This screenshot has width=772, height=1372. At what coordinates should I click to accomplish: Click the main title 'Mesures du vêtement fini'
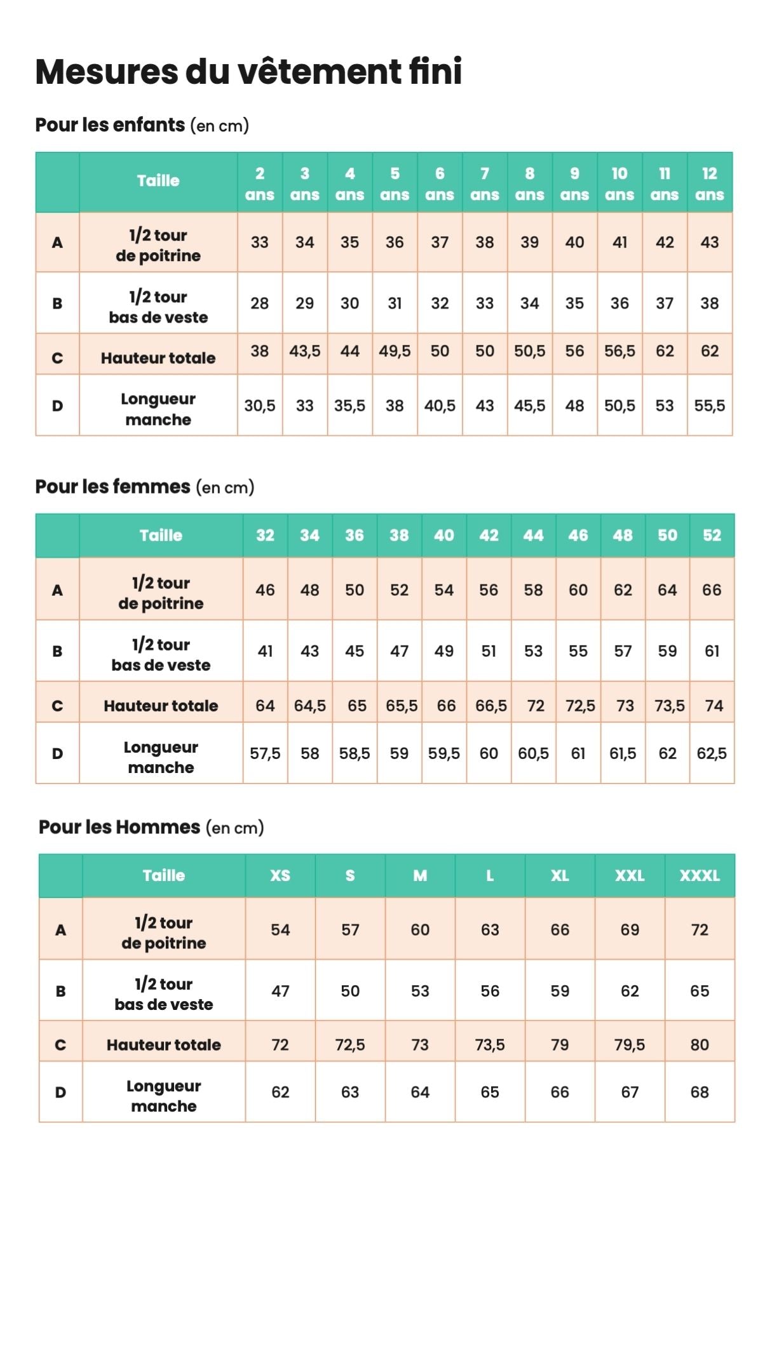(248, 72)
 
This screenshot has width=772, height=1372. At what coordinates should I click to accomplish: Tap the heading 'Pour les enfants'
(110, 125)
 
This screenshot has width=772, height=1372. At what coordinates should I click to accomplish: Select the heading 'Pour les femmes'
(112, 487)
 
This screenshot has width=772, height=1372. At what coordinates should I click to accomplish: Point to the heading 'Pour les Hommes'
(119, 827)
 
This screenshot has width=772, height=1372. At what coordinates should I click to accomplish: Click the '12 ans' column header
(709, 184)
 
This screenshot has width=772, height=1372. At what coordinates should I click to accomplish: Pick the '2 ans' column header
(259, 184)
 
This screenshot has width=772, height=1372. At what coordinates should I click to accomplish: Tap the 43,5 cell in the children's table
(304, 351)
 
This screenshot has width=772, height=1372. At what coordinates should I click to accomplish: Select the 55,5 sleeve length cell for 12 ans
(709, 406)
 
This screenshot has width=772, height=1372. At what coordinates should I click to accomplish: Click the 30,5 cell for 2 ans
(259, 406)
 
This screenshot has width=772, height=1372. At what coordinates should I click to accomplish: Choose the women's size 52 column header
(712, 535)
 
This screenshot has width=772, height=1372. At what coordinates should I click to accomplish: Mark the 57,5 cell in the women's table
(265, 753)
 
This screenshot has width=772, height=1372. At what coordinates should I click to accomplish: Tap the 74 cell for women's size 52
(714, 706)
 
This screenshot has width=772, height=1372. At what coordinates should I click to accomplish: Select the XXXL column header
(700, 876)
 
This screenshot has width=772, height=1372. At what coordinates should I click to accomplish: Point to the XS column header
(280, 876)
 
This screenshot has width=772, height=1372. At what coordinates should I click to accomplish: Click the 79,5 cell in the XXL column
(629, 1045)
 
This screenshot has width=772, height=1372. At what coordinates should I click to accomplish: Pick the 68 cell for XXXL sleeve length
(700, 1093)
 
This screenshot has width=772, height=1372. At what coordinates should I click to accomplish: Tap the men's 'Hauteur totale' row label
(163, 1045)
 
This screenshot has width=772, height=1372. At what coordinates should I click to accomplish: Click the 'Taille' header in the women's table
(161, 535)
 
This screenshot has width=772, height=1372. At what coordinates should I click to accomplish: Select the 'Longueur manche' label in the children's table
(158, 409)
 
